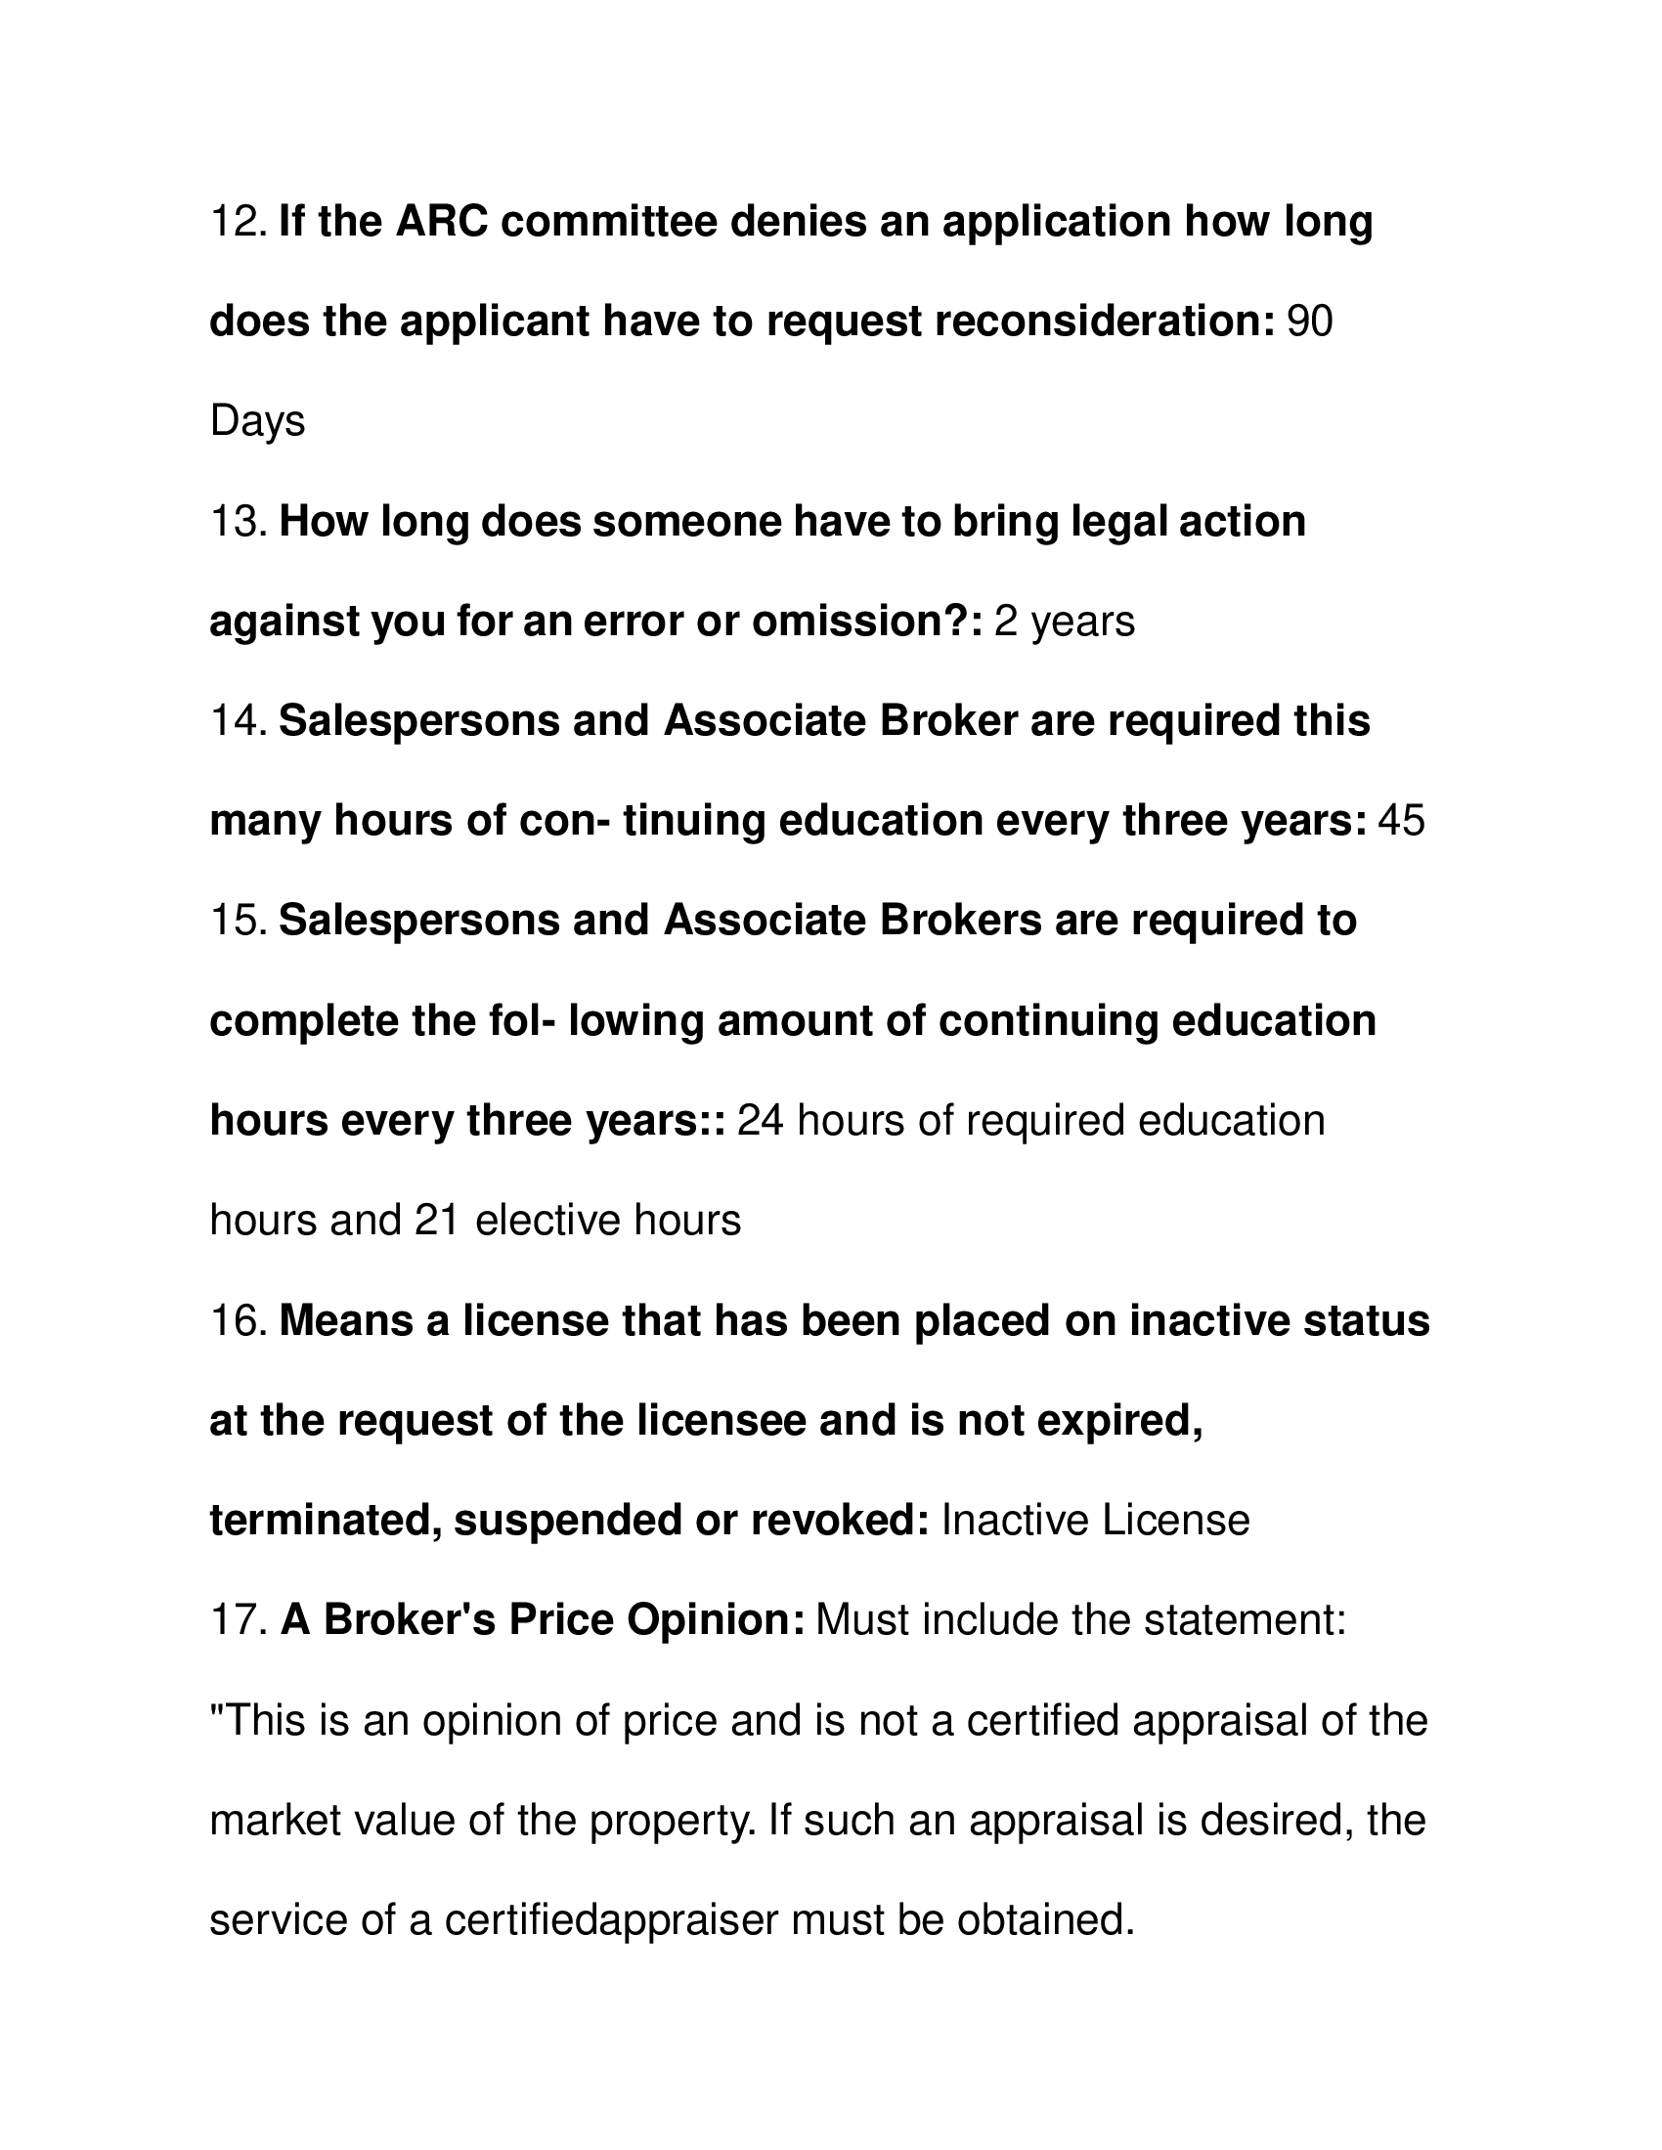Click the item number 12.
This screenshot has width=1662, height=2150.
click(238, 222)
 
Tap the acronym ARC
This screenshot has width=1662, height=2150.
click(441, 222)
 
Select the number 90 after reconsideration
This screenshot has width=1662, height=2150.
click(1309, 322)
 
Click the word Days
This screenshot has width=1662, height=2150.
click(257, 422)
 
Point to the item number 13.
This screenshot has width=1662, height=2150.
click(238, 522)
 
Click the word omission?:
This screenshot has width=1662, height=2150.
click(867, 623)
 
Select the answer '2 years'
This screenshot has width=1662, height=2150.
click(1065, 623)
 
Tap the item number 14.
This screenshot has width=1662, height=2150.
click(238, 721)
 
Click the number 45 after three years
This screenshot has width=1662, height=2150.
click(1401, 821)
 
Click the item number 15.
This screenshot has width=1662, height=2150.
click(238, 922)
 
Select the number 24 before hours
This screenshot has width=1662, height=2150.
click(761, 1121)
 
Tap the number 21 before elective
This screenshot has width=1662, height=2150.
click(437, 1221)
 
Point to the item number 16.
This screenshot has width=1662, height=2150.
click(238, 1321)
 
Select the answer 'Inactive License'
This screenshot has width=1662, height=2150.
click(1096, 1521)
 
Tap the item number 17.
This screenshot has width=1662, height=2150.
click(238, 1621)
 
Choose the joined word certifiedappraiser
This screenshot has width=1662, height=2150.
click(610, 1920)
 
